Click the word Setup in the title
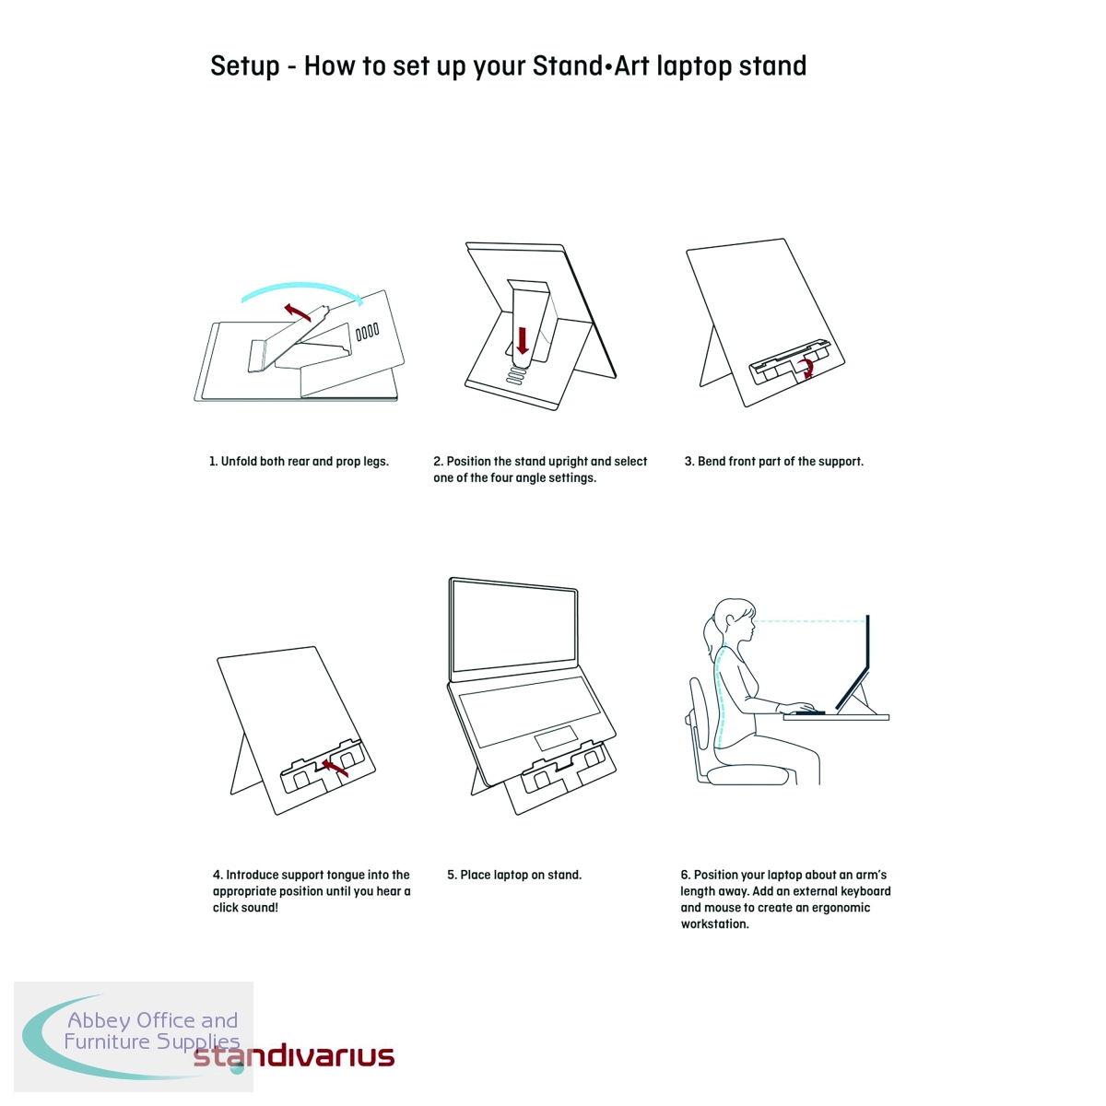click(245, 67)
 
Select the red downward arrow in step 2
click(523, 341)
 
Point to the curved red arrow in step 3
click(809, 368)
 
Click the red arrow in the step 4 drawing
click(335, 768)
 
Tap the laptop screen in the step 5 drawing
click(513, 629)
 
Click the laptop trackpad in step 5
click(556, 738)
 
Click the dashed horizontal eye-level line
click(809, 621)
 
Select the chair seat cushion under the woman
click(747, 776)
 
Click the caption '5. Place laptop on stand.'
click(514, 875)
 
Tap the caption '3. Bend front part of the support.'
click(773, 462)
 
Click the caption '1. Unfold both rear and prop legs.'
click(299, 462)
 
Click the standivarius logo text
click(294, 1056)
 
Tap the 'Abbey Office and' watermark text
click(153, 1020)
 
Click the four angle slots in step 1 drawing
click(368, 332)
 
